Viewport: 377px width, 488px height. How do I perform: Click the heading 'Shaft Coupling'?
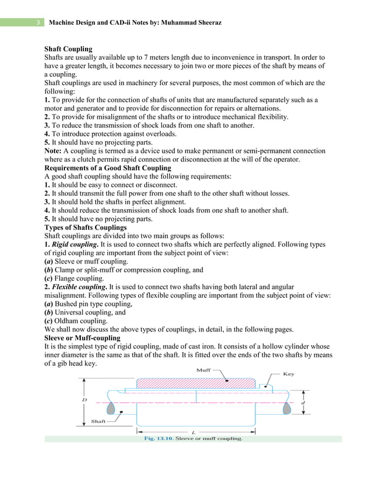click(69, 48)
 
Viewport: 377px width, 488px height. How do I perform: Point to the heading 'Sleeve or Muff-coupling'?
click(83, 338)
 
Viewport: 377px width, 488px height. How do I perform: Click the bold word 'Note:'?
click(55, 151)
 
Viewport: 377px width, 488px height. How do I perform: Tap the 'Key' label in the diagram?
click(288, 373)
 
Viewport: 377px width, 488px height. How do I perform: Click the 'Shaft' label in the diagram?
click(99, 421)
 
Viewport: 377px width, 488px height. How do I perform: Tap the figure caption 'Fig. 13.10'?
click(160, 439)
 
